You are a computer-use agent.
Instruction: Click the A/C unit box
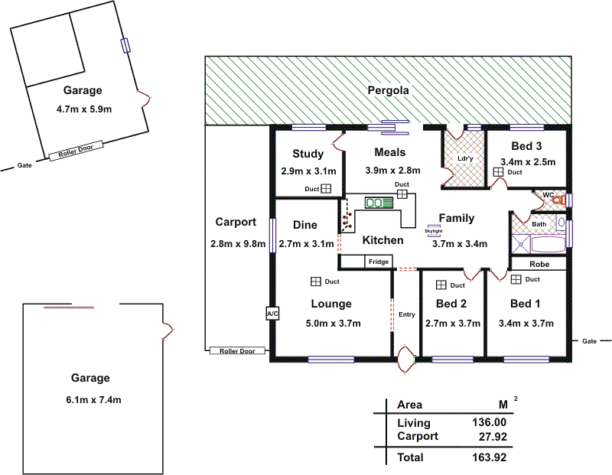tap(272, 314)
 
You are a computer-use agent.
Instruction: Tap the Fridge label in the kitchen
tap(378, 262)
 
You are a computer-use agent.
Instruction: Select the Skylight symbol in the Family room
tap(434, 229)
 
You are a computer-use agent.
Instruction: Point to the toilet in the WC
tap(564, 200)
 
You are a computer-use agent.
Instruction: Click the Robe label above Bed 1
tap(539, 264)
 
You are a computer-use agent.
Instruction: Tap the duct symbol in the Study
tap(325, 189)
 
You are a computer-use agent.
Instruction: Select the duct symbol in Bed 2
tap(441, 285)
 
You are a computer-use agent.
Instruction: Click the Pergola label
tap(388, 90)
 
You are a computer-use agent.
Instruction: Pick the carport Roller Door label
tap(236, 351)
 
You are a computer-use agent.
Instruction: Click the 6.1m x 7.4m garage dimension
tap(90, 400)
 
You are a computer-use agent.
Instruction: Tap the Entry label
tap(407, 315)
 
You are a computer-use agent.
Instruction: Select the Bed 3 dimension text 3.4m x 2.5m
tap(528, 162)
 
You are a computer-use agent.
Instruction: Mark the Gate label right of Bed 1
tap(588, 341)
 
